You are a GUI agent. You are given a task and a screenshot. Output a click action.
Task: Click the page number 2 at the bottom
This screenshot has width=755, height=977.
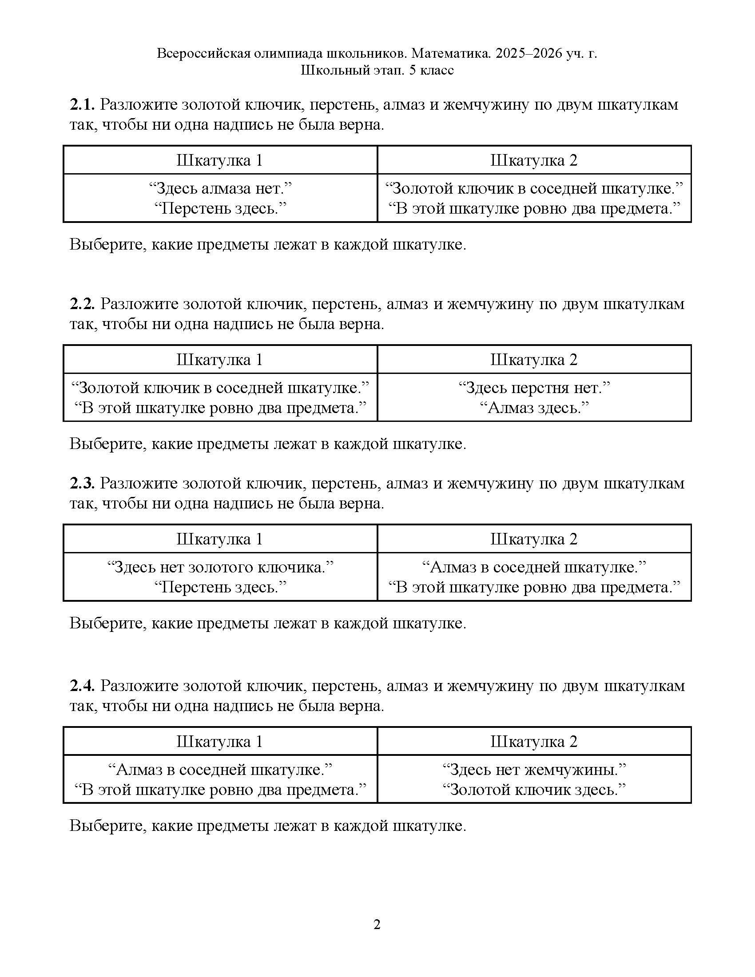tap(377, 924)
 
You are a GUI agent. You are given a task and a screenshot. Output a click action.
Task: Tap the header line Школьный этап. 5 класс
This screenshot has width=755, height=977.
tap(377, 70)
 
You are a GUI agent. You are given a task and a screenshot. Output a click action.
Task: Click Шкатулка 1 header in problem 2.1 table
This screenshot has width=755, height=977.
tap(219, 160)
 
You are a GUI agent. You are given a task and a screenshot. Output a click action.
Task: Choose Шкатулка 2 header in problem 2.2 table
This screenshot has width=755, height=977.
tap(534, 359)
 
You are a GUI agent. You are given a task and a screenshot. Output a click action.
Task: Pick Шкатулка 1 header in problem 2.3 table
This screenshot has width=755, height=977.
tap(219, 539)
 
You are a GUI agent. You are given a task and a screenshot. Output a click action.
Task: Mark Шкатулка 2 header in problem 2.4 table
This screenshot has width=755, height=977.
tap(534, 741)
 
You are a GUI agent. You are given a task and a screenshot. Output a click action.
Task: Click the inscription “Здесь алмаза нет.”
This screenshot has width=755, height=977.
tap(220, 188)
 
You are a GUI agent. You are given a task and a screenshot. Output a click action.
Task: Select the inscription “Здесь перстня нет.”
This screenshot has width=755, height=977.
tap(534, 387)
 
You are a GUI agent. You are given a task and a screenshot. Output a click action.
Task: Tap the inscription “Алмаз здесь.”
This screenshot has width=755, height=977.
tap(534, 408)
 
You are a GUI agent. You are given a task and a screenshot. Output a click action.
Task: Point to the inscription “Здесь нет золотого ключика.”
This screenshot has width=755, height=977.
tap(220, 567)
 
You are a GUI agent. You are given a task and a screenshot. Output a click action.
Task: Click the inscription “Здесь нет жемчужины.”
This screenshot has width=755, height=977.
tap(534, 770)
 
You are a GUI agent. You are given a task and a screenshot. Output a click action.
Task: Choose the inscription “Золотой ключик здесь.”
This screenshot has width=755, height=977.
tap(534, 790)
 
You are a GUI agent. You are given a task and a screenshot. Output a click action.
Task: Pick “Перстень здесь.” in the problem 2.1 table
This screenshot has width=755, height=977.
tap(220, 208)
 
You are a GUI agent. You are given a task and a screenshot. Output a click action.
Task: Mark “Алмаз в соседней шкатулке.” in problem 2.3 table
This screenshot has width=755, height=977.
tap(534, 567)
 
